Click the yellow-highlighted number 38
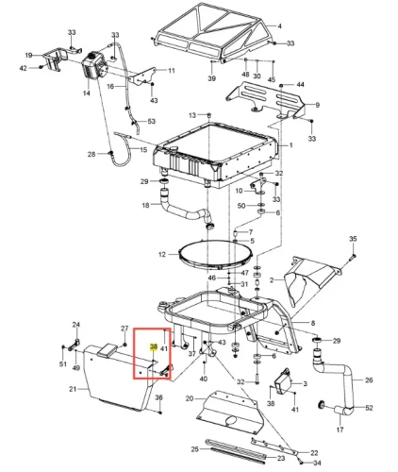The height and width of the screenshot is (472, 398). point(154,346)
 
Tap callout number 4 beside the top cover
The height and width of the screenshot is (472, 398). point(279,26)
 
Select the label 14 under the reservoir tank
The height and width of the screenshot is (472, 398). point(86,93)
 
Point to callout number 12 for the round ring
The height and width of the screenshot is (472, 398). point(162,254)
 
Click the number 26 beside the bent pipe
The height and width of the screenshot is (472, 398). point(369,380)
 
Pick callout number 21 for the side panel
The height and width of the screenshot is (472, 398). point(73,389)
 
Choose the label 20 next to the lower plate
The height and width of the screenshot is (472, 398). point(190,398)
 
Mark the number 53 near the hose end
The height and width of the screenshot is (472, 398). point(152,121)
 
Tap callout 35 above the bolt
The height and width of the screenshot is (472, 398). point(353,239)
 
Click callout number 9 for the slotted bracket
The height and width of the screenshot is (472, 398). point(317,105)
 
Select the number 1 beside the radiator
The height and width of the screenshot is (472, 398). point(291,145)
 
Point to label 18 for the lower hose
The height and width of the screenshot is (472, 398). point(145,205)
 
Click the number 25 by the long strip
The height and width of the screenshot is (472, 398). point(195,449)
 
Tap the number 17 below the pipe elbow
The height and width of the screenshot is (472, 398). point(340,430)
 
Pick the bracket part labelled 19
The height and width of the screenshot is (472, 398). point(55,59)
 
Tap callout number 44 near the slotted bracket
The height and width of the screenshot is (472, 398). point(301,84)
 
